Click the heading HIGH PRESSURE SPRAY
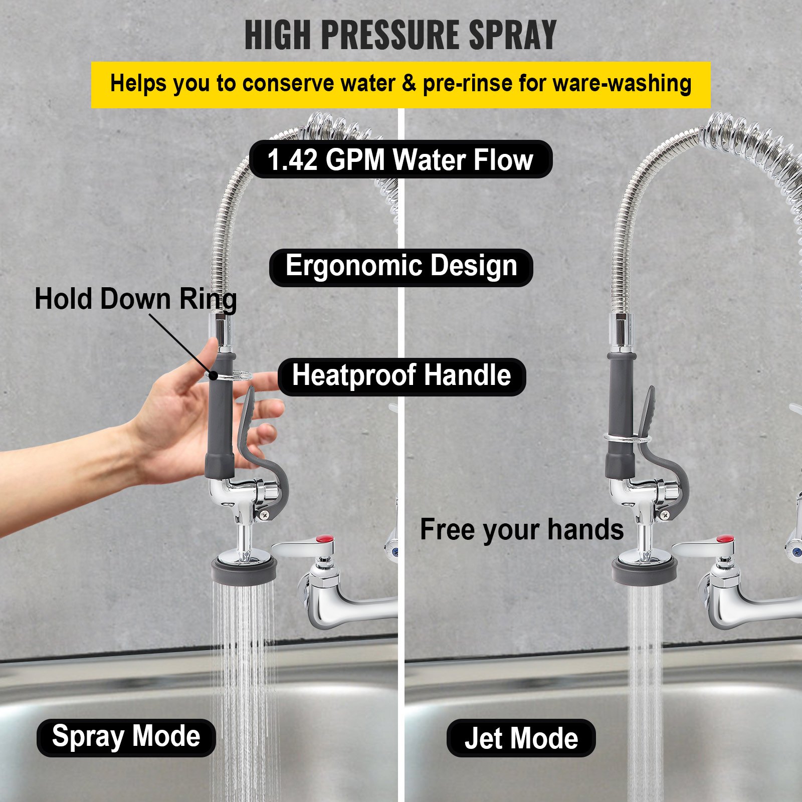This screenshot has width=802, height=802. point(400,35)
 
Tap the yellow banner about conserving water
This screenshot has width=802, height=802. point(400,84)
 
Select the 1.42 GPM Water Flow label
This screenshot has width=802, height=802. point(400,159)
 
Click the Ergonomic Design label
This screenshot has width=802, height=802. point(401,267)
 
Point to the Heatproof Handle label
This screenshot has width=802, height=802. point(402,376)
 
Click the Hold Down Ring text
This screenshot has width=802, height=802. point(135,299)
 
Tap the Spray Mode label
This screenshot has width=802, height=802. point(126,737)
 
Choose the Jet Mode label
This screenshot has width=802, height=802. point(521,738)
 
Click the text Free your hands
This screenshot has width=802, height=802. point(521,530)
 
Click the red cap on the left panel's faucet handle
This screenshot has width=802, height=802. point(325,540)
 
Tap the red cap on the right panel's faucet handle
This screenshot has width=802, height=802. point(725,540)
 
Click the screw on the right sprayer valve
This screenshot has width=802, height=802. point(664,514)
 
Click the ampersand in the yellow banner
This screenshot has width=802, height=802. point(409,83)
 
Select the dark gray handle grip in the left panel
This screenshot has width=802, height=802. point(221,416)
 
